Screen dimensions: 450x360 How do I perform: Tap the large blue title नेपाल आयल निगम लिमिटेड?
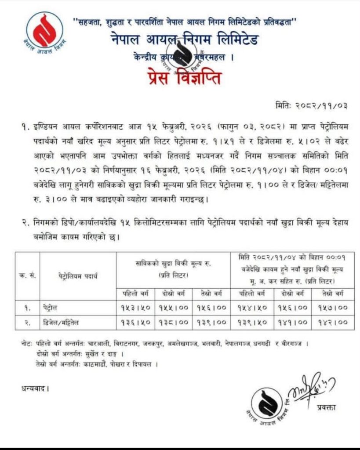pyautogui.click(x=184, y=40)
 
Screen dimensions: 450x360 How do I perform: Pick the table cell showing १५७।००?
pyautogui.click(x=330, y=308)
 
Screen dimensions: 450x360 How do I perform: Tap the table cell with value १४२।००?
pyautogui.click(x=330, y=322)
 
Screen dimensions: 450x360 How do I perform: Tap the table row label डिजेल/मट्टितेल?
pyautogui.click(x=65, y=322)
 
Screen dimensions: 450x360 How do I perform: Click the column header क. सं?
pyautogui.click(x=27, y=276)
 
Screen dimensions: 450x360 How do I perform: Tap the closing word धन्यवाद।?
pyautogui.click(x=35, y=388)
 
